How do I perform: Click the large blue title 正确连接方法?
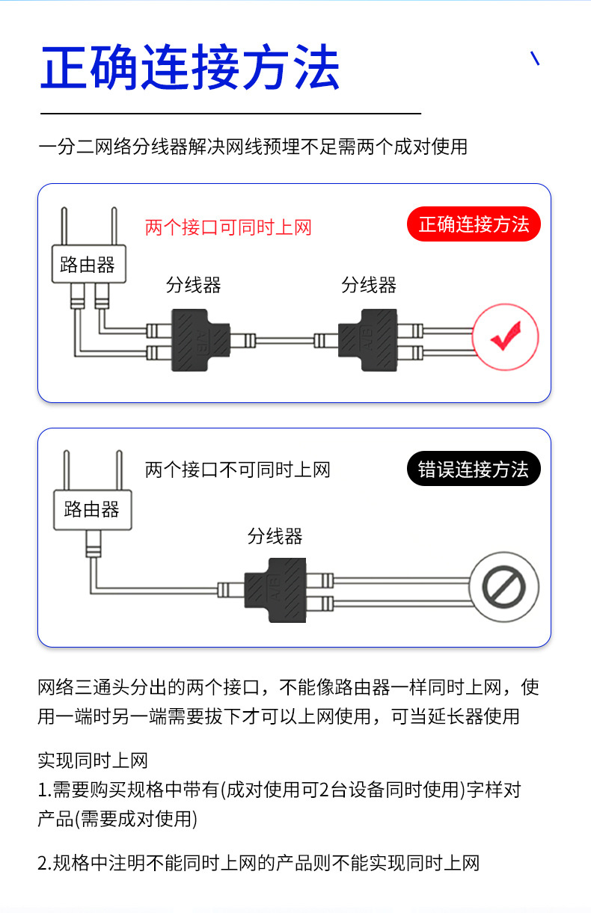tap(190, 68)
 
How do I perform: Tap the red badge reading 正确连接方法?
tap(474, 224)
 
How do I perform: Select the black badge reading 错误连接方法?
tap(474, 470)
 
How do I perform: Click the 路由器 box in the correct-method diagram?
tap(88, 264)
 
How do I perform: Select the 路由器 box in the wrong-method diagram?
tap(92, 510)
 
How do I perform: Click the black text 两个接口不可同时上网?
tap(237, 470)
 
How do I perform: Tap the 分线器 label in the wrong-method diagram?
tap(275, 536)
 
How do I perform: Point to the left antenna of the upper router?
tap(64, 226)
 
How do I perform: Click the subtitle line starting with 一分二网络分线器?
tap(252, 147)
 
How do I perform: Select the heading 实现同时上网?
tap(93, 761)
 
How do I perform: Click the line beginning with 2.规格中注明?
tap(258, 863)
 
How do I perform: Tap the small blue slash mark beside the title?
tap(535, 58)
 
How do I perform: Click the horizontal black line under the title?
tap(230, 114)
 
